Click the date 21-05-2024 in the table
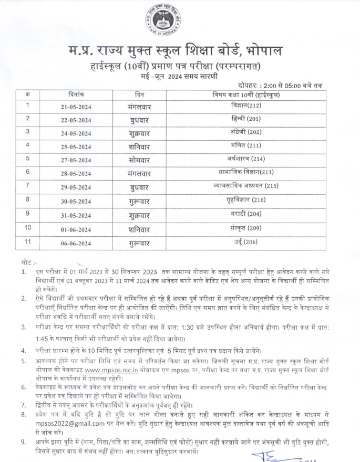[x=76, y=106]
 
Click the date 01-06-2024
[x=76, y=228]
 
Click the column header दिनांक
[x=76, y=94]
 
